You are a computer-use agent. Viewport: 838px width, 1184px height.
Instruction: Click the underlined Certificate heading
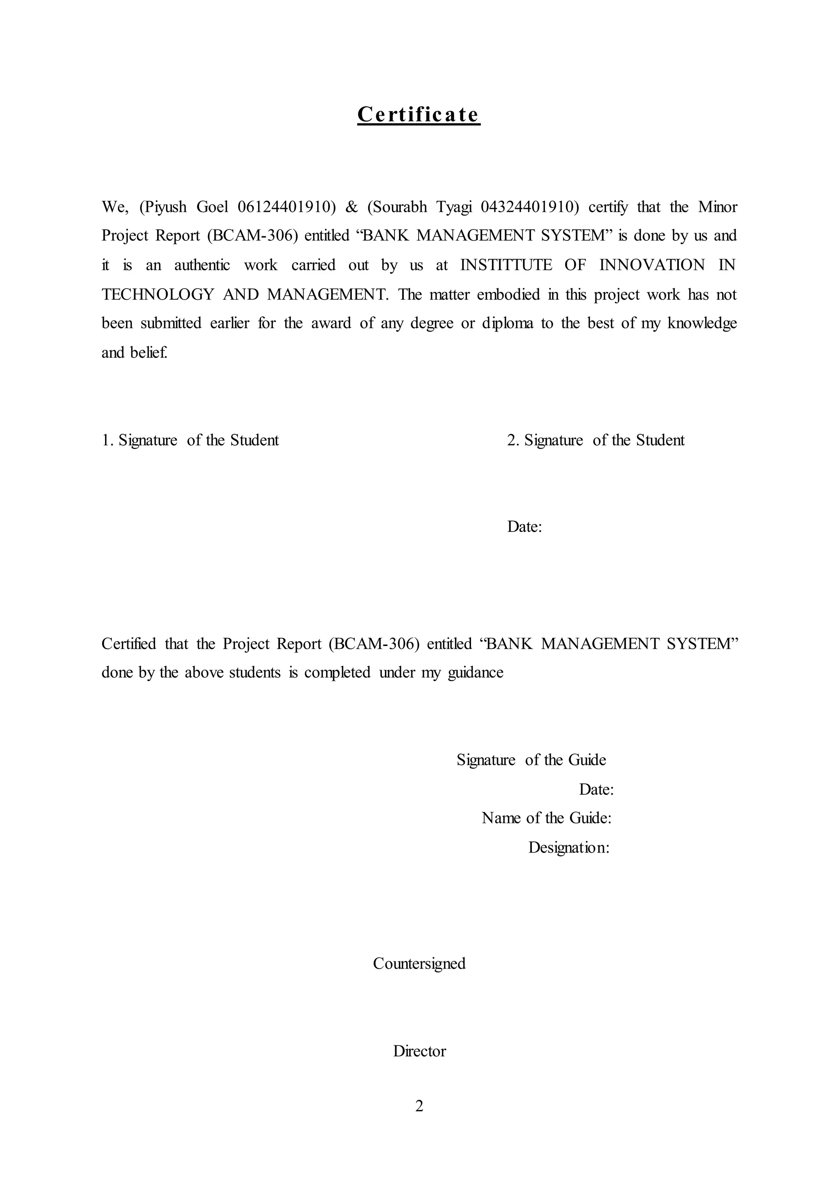click(x=419, y=114)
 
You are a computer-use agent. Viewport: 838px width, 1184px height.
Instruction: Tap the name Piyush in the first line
click(x=164, y=207)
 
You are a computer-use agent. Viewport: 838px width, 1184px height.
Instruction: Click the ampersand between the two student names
click(x=352, y=207)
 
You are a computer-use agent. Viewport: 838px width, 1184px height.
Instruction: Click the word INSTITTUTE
click(x=506, y=265)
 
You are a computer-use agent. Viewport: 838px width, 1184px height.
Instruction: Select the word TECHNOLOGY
click(x=158, y=294)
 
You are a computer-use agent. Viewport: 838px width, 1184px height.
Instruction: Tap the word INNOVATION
click(x=652, y=265)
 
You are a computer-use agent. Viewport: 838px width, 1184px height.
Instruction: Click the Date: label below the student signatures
click(x=524, y=527)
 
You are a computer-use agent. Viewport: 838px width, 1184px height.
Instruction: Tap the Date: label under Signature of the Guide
click(x=596, y=789)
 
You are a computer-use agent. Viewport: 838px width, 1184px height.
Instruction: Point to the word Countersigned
click(x=419, y=963)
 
